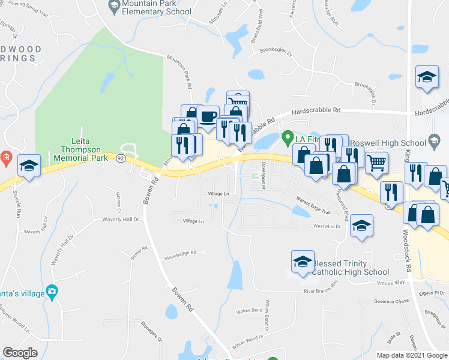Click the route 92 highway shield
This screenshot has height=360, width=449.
pyautogui.click(x=121, y=158)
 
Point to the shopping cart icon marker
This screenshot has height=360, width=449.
pyautogui.click(x=376, y=162)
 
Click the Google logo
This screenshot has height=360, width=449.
pyautogui.click(x=20, y=352)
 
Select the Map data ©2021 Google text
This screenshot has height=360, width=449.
pyautogui.click(x=411, y=355)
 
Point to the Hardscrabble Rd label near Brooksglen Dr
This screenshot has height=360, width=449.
pyautogui.click(x=316, y=110)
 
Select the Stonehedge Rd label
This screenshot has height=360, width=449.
pyautogui.click(x=180, y=254)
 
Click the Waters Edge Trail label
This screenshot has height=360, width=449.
pyautogui.click(x=313, y=207)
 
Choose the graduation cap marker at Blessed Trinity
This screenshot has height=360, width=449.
pyautogui.click(x=303, y=261)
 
